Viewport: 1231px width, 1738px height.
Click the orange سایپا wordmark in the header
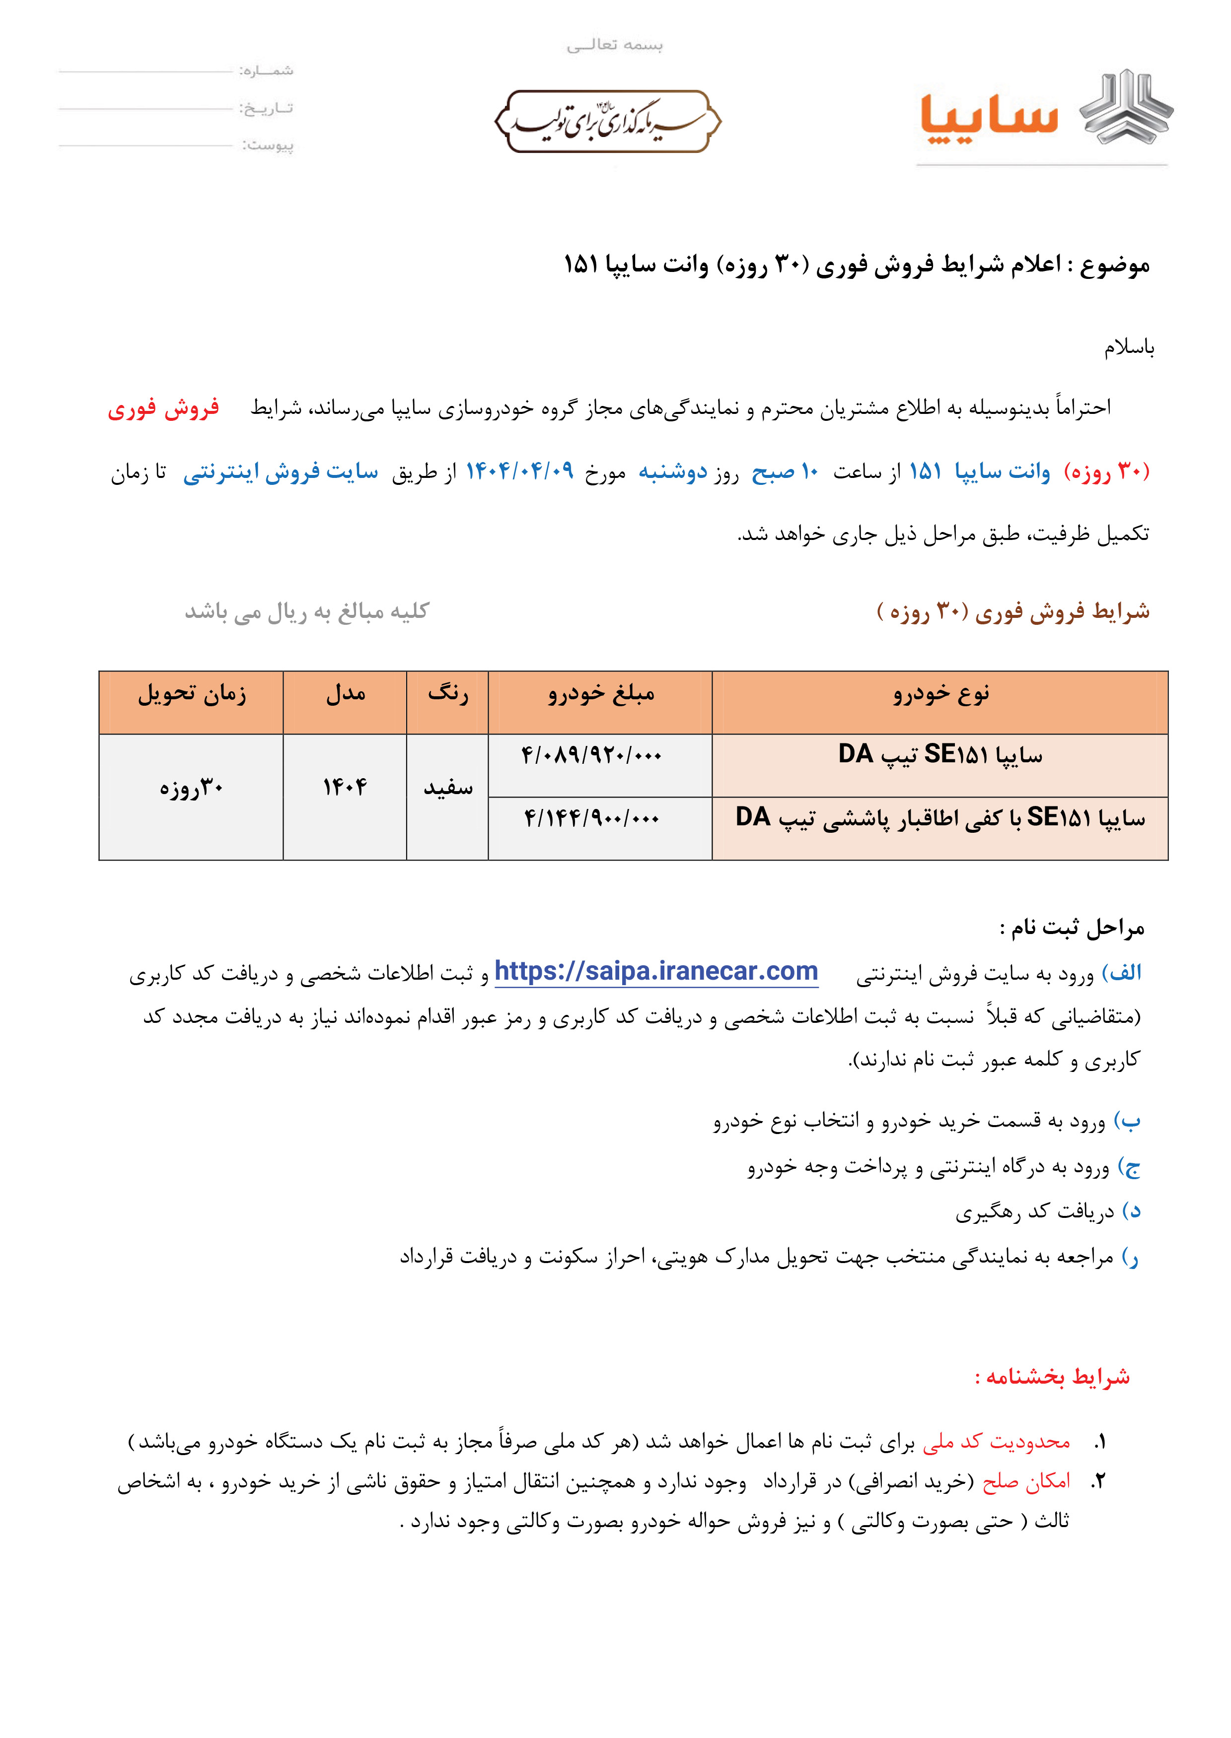989,118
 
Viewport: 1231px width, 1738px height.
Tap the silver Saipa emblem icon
1126,108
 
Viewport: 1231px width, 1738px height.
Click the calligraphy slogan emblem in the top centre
608,121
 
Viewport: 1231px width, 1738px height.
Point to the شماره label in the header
267,71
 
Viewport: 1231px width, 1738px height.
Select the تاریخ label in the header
267,108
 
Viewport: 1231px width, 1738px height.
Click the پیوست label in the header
268,145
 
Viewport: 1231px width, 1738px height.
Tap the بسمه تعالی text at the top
615,45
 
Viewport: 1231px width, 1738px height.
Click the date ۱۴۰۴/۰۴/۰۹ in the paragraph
519,471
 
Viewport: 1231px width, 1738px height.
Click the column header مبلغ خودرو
601,694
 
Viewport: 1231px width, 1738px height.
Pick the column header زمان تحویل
192,694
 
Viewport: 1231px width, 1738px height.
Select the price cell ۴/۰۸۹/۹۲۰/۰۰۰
591,755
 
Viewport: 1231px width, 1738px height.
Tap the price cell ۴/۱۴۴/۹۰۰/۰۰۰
591,818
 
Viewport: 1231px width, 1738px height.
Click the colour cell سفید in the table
448,788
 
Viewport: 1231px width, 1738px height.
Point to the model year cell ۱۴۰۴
345,788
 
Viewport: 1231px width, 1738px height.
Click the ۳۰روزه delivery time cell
191,788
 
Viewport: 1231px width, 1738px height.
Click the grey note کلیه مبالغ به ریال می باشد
307,611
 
